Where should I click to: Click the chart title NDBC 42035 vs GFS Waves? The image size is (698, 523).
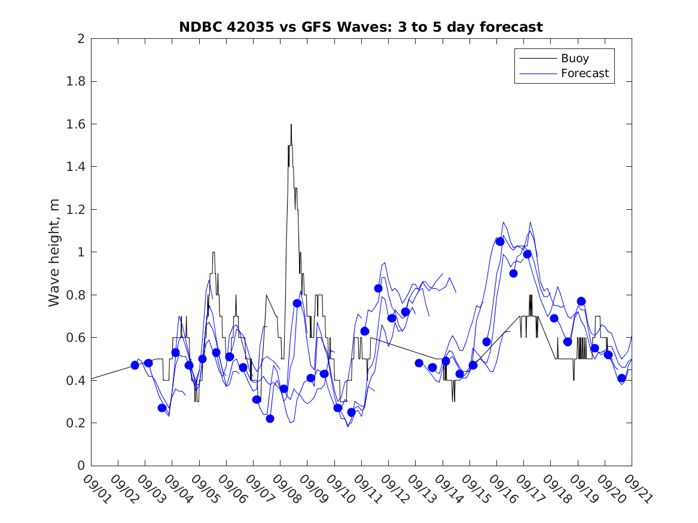pyautogui.click(x=361, y=27)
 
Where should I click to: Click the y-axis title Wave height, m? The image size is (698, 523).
pyautogui.click(x=54, y=252)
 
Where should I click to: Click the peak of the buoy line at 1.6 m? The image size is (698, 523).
pyautogui.click(x=291, y=124)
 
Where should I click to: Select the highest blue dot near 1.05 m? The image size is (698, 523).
pyautogui.click(x=500, y=241)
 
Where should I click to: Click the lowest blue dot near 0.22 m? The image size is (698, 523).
pyautogui.click(x=270, y=418)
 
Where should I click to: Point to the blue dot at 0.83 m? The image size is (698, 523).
pyautogui.click(x=378, y=288)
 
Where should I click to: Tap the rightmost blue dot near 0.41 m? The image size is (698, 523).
pyautogui.click(x=621, y=378)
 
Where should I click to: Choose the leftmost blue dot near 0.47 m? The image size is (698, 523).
pyautogui.click(x=135, y=365)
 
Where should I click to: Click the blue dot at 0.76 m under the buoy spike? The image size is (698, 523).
pyautogui.click(x=297, y=303)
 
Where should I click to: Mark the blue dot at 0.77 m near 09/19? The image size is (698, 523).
pyautogui.click(x=581, y=301)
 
